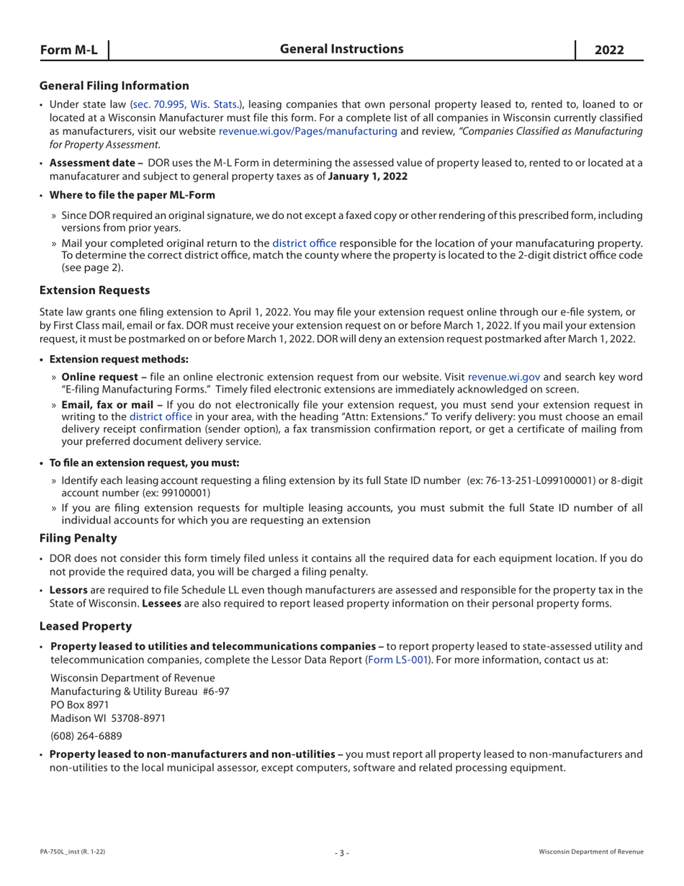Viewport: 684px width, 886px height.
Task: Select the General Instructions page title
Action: pos(341,49)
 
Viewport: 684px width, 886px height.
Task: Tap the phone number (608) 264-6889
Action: pos(85,736)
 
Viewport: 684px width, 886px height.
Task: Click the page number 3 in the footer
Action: pos(342,853)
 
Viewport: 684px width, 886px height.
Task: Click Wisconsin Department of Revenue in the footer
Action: pos(590,852)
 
